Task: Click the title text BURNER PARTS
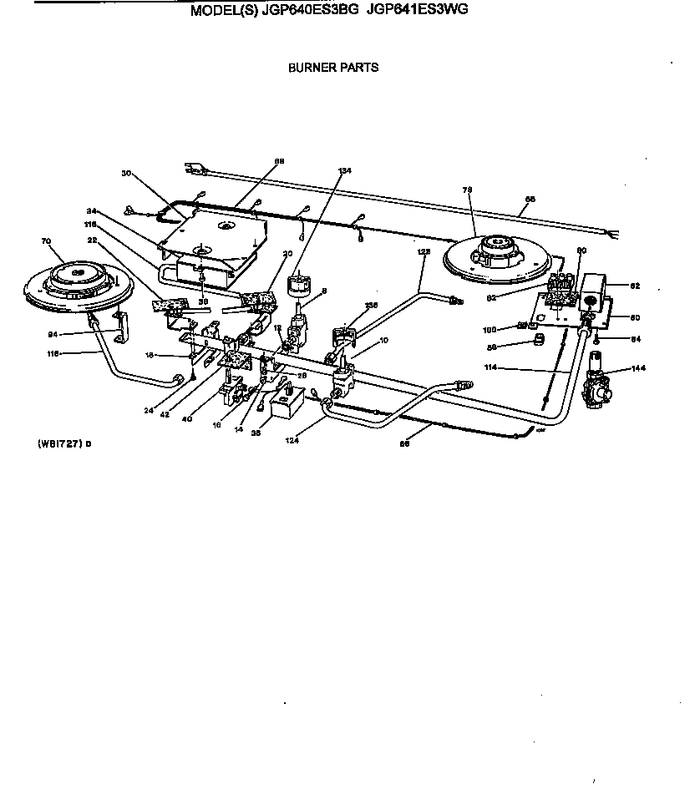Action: pos(333,68)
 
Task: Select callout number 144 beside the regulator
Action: pos(639,368)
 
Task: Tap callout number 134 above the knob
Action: pos(345,170)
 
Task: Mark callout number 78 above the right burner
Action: pos(467,190)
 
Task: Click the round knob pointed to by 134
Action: pos(297,286)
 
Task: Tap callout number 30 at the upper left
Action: pos(126,174)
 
